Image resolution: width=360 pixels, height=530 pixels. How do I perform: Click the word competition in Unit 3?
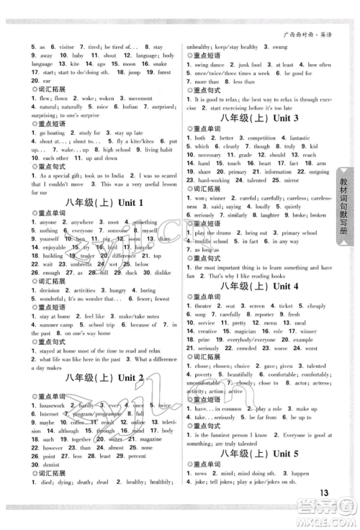click(258, 138)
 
